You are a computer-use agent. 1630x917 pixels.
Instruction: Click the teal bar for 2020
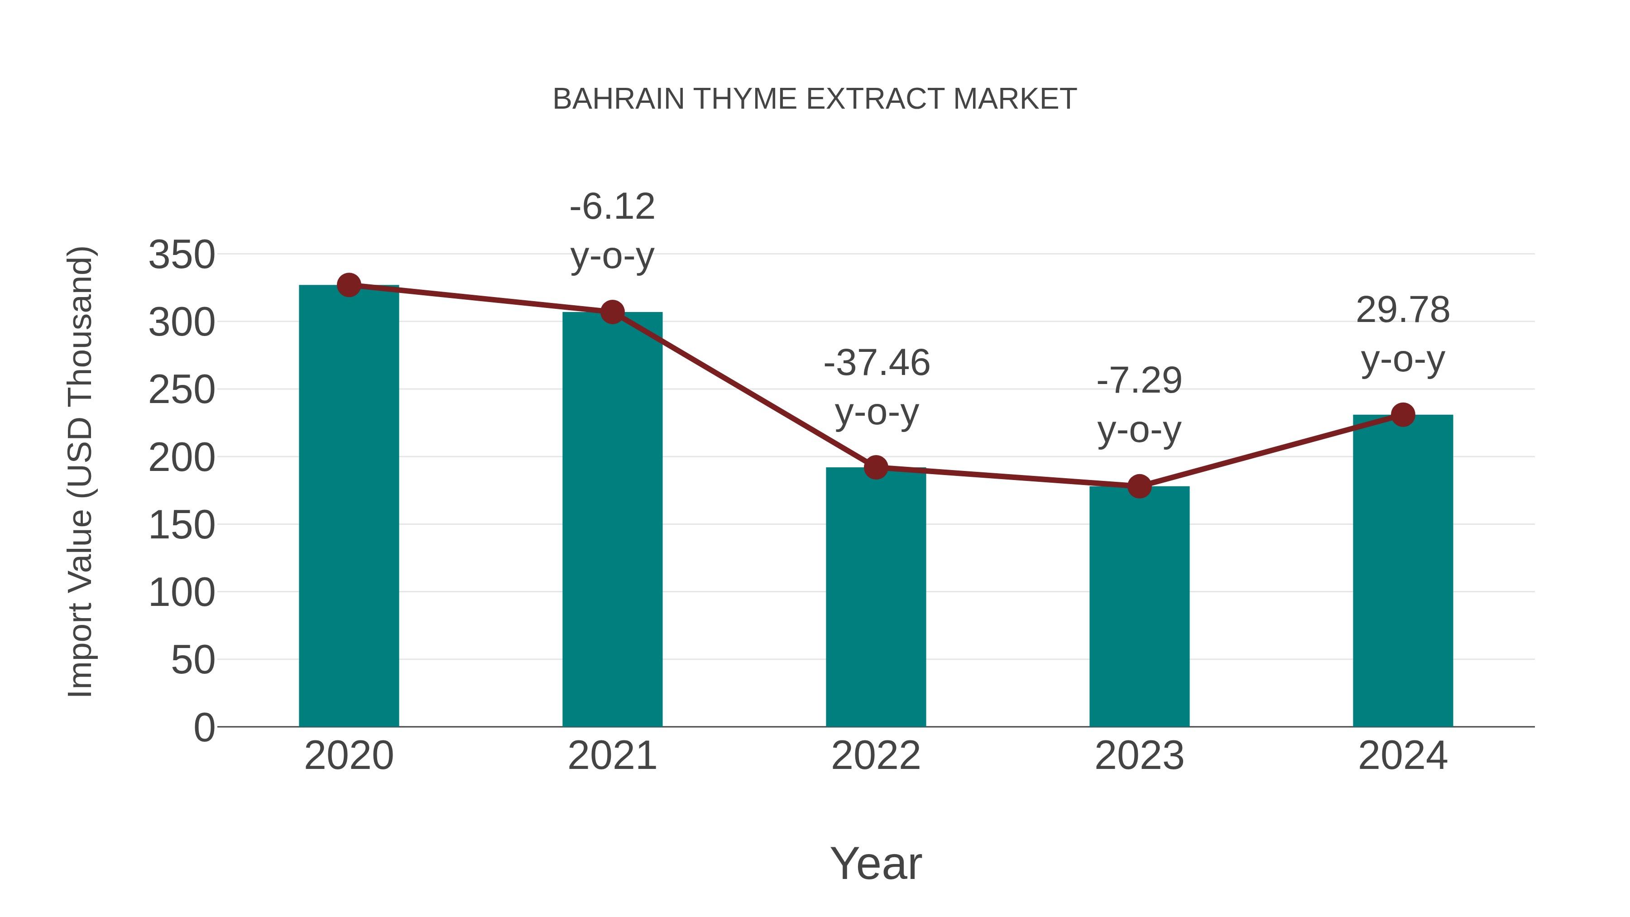349,506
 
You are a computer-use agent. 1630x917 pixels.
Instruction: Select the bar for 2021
612,519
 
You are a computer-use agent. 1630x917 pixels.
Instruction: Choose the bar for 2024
1403,570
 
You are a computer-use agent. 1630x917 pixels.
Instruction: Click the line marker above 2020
349,285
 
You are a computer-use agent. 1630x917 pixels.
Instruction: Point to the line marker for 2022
876,468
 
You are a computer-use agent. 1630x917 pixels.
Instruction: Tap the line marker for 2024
1403,415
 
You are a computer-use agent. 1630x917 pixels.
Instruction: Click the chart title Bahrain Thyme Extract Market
815,99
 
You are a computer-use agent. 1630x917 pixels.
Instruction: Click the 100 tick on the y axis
182,593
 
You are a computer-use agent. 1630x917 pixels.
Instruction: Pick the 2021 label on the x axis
612,756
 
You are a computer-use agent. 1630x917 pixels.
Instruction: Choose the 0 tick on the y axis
204,728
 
